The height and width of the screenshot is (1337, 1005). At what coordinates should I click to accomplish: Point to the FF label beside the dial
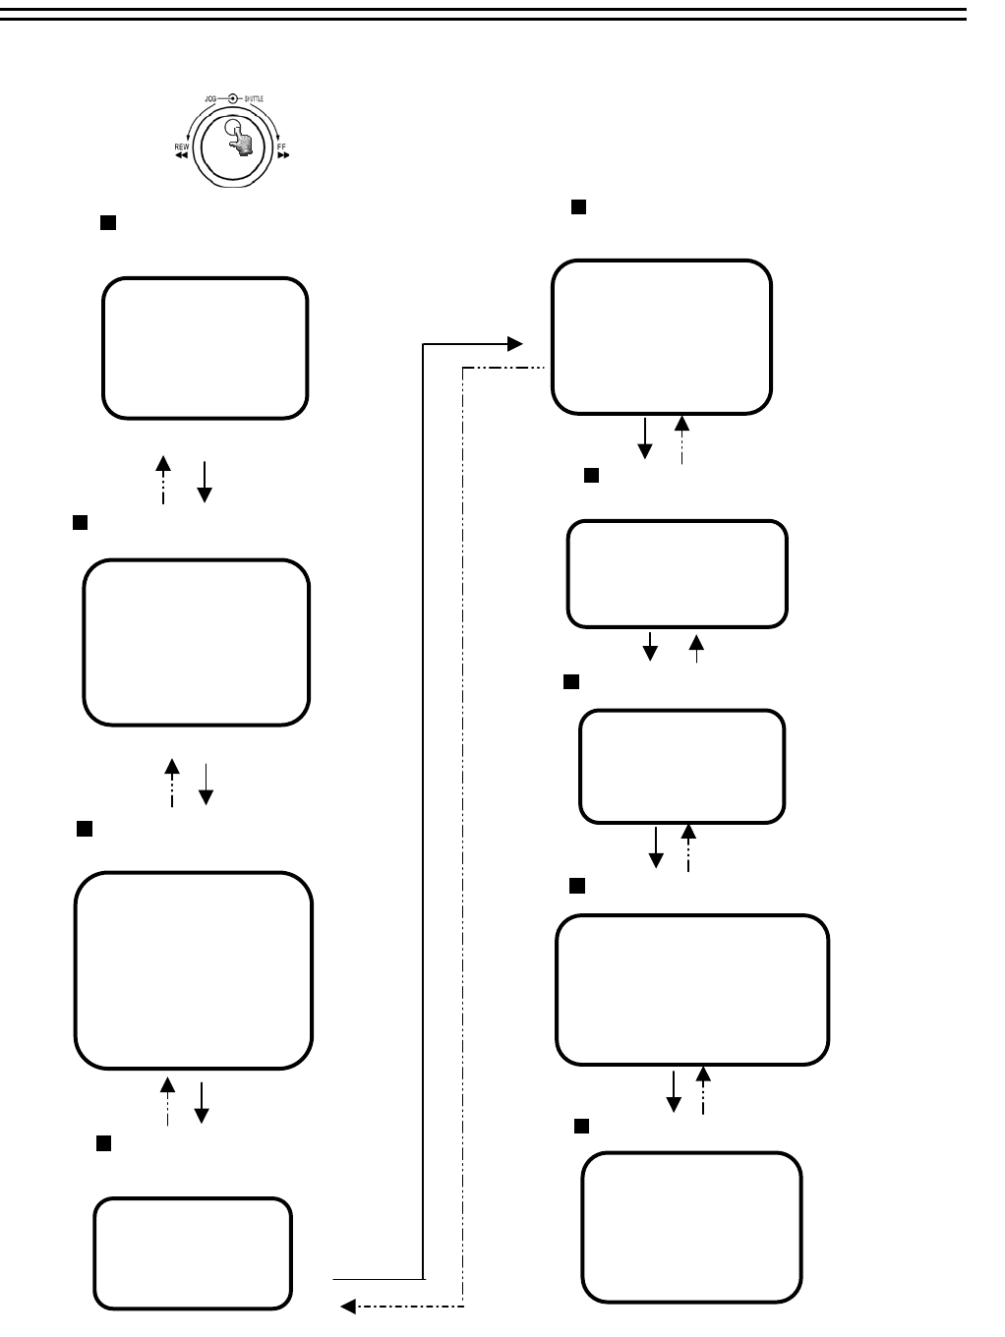coord(282,145)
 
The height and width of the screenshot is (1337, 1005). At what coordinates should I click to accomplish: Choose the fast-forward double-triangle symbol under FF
coord(283,154)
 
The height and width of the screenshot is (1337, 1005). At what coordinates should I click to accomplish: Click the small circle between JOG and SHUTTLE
coord(233,98)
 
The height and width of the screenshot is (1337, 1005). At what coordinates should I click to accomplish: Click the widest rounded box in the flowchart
coord(692,990)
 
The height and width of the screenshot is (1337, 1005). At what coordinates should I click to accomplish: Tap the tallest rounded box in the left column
coord(194,969)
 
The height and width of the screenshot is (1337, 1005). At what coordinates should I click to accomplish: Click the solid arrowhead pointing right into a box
coord(514,343)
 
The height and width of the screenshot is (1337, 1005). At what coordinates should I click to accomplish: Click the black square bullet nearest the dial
coord(108,223)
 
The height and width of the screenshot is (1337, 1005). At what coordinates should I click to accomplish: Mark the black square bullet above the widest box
coord(578,886)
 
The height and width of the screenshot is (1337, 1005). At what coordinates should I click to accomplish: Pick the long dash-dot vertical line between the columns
coord(462,836)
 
